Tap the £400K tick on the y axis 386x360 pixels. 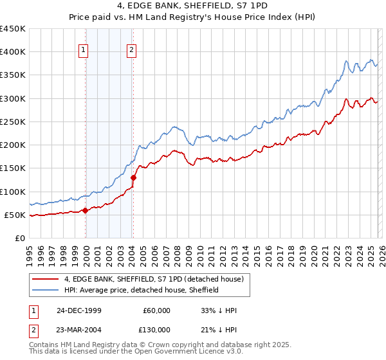click(12, 52)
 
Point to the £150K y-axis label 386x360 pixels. click(12, 168)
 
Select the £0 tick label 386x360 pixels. click(19, 238)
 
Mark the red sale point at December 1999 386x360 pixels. click(86, 210)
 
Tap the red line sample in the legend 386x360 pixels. click(46, 280)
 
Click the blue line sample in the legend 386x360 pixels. click(46, 291)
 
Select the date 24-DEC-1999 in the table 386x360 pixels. click(79, 310)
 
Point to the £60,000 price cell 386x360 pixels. click(156, 310)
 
